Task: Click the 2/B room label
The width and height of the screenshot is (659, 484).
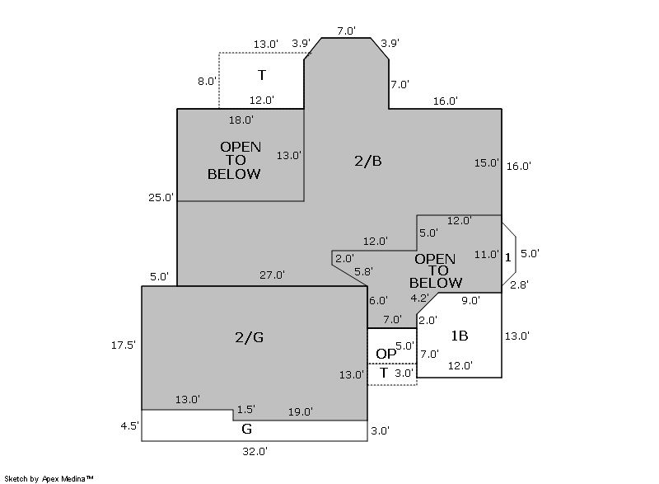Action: (x=367, y=161)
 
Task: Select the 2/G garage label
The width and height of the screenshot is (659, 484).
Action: (x=249, y=336)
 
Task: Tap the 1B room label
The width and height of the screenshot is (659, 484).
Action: (x=460, y=336)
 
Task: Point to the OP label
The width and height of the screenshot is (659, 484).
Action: (x=386, y=354)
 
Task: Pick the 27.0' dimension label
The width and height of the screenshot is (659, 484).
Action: (x=272, y=275)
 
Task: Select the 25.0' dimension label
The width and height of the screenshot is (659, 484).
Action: (x=161, y=198)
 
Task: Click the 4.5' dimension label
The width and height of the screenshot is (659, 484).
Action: (x=129, y=426)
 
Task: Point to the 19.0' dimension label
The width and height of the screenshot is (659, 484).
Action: (x=300, y=412)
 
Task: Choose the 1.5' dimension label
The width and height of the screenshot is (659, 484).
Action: (x=245, y=409)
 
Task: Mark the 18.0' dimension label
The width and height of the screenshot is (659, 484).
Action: (x=241, y=120)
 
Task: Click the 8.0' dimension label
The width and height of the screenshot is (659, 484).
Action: (x=207, y=81)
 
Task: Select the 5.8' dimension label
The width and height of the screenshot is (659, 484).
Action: (x=362, y=271)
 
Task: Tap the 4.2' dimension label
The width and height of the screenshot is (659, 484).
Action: (x=420, y=298)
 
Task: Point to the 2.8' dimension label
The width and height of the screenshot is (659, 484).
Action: (x=519, y=284)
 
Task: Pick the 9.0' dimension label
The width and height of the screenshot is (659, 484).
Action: (x=470, y=301)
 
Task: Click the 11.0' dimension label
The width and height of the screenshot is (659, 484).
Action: (x=487, y=255)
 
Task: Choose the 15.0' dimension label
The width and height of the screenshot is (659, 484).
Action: (x=487, y=162)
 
